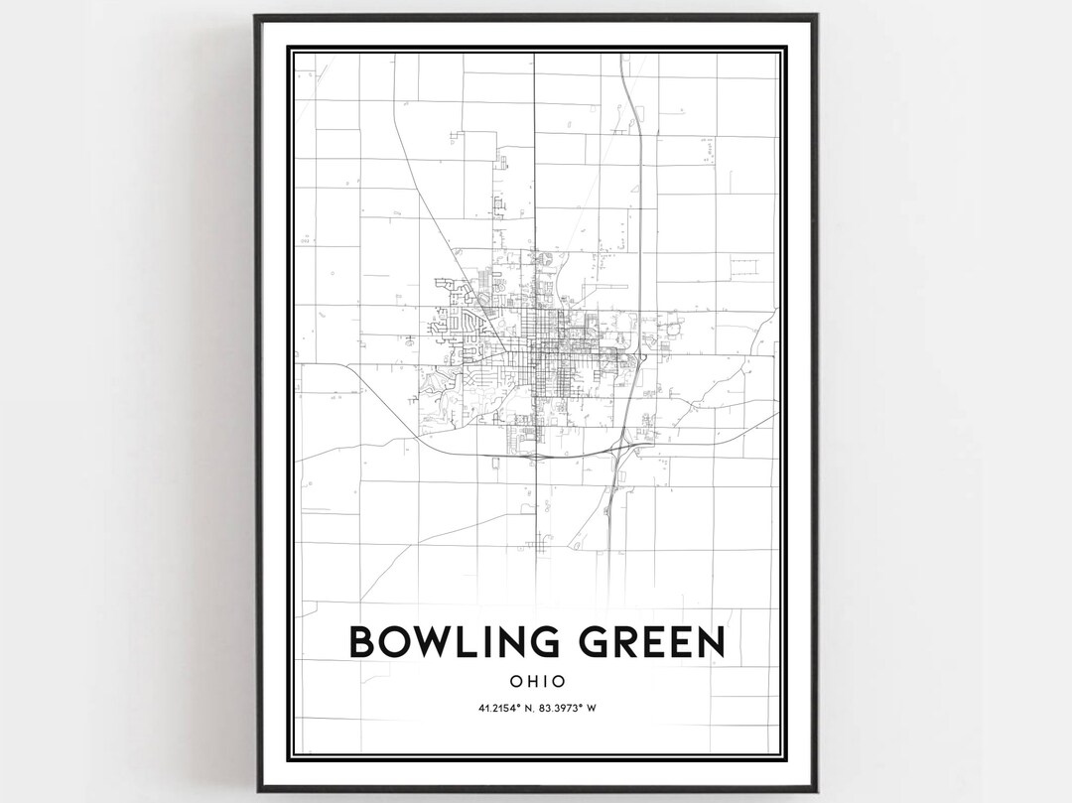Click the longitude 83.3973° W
click(569, 708)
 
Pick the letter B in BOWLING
click(362, 642)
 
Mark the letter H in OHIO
click(531, 682)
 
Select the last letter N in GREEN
click(711, 642)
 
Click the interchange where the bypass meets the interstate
click(622, 452)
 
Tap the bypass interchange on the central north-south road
click(535, 456)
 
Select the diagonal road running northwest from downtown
click(437, 218)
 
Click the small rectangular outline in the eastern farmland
click(743, 266)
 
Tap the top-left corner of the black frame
click(257, 17)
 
